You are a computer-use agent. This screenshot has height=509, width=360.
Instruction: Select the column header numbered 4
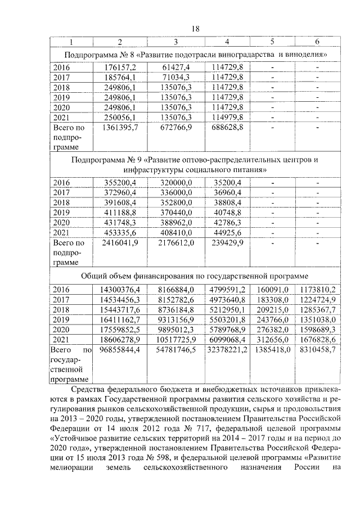click(227, 42)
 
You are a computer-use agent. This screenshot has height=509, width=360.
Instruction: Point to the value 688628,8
click(227, 128)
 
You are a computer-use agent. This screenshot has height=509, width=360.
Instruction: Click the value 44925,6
click(227, 232)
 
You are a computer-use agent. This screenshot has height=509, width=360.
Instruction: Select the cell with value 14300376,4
click(119, 290)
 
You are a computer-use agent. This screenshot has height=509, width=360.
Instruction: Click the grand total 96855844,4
click(119, 350)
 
